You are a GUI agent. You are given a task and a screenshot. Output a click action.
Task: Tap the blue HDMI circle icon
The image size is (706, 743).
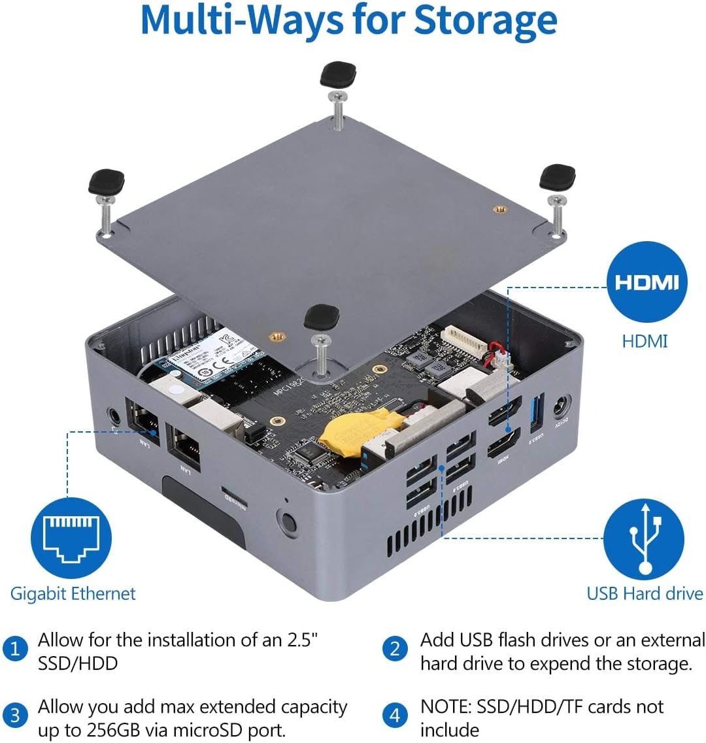tap(647, 282)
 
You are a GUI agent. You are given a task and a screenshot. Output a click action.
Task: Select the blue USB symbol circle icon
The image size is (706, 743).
tap(644, 538)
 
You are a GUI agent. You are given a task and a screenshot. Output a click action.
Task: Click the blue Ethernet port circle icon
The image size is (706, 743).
tap(71, 538)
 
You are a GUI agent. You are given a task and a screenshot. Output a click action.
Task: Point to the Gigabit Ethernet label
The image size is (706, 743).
tap(73, 594)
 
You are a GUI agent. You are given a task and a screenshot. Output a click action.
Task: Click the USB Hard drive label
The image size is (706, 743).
tap(645, 594)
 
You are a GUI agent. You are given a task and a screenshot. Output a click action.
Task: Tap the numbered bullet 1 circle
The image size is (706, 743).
tap(15, 650)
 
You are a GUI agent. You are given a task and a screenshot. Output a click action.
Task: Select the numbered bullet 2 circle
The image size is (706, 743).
tap(394, 650)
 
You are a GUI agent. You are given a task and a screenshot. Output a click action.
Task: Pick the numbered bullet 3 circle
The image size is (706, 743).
tap(15, 716)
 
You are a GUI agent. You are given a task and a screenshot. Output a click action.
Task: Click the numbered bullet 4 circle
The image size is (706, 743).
tap(394, 716)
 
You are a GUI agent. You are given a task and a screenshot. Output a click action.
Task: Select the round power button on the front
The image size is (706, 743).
tap(286, 523)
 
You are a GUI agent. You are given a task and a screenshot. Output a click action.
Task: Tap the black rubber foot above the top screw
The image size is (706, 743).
tap(337, 75)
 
